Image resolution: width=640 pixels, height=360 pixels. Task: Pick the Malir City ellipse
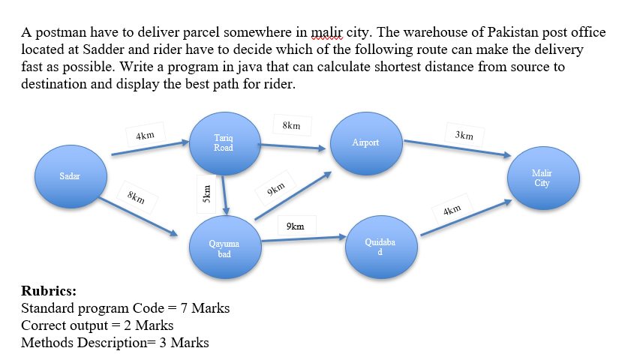541,179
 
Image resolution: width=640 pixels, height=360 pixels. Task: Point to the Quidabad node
380,247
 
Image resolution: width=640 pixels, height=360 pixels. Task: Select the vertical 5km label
201,188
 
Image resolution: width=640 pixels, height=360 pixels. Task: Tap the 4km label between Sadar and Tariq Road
146,136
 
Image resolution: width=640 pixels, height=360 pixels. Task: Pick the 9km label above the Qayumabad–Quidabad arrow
295,226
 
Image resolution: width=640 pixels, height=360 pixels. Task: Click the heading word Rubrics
49,291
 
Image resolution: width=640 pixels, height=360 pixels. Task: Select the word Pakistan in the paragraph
513,33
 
